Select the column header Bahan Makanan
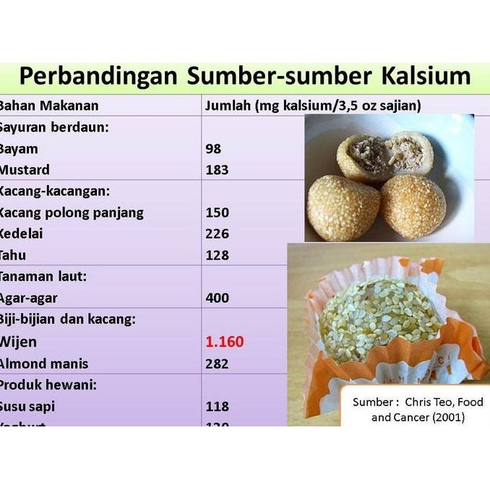[48, 106]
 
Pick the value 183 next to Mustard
[217, 171]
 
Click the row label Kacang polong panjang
[72, 212]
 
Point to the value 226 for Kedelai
[217, 234]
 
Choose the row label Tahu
[14, 255]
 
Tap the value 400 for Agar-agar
[217, 298]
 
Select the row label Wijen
[18, 341]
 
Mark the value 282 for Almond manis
[217, 363]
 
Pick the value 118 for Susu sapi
[217, 406]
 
